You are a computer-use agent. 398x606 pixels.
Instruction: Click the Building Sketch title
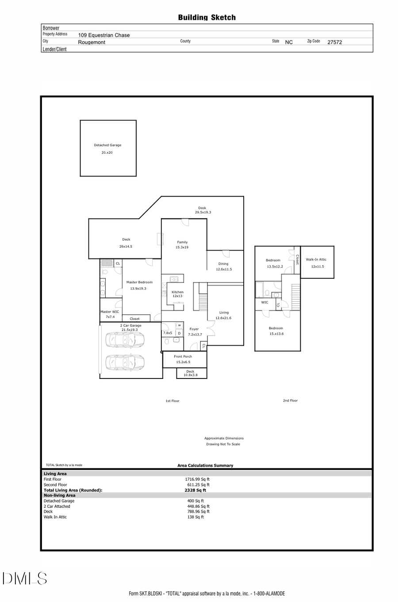point(207,18)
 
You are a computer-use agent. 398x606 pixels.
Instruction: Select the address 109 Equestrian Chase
point(104,35)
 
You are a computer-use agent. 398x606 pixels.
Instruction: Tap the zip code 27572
point(334,42)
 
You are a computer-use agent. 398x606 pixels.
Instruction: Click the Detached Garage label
point(107,145)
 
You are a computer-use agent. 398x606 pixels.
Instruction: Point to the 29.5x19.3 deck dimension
point(203,212)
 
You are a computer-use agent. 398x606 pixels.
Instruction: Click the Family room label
point(182,242)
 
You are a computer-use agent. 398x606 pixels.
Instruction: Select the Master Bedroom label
point(139,282)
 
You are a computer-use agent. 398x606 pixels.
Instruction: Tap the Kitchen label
point(177,292)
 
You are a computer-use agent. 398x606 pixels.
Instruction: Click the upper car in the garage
point(125,340)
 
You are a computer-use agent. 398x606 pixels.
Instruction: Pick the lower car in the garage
point(125,362)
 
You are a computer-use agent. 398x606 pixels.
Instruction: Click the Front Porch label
point(183,356)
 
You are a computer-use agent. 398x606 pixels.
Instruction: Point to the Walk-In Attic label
point(316,260)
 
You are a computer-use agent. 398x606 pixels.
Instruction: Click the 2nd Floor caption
point(290,401)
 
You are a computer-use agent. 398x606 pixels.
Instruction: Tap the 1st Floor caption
point(172,401)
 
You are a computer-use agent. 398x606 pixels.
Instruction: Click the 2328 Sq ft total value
point(195,490)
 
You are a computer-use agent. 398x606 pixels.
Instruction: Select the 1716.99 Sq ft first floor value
point(197,479)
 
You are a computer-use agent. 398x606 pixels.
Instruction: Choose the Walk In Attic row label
point(55,517)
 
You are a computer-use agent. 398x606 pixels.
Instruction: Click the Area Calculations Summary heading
point(205,466)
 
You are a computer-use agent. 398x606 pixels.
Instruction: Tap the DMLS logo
point(25,579)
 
